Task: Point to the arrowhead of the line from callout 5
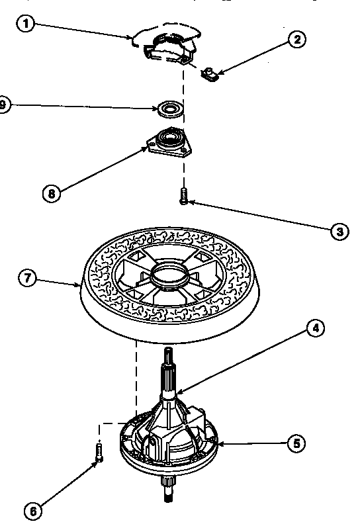point(218,443)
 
